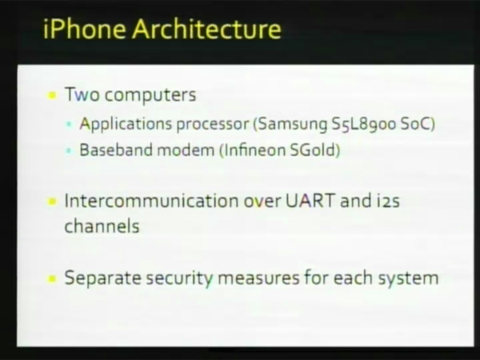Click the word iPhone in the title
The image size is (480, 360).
pos(85,29)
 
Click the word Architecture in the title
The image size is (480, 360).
pos(206,29)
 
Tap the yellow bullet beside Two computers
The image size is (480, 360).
pos(52,95)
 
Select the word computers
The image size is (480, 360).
pos(150,95)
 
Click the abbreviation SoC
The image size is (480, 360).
pos(416,124)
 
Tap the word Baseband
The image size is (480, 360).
pos(116,150)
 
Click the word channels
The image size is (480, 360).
pos(102,226)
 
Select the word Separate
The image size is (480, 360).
pos(103,278)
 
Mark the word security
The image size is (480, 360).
pos(179,278)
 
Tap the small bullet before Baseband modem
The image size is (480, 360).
pos(69,150)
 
